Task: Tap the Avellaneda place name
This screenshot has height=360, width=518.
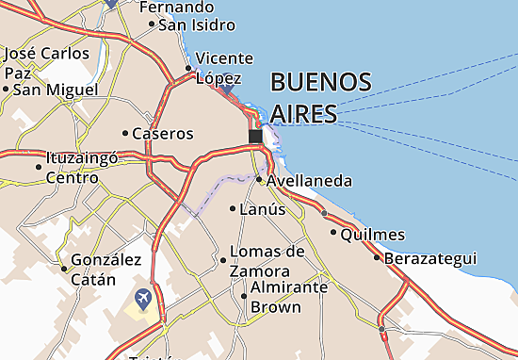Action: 309,180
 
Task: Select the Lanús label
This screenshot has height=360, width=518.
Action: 263,209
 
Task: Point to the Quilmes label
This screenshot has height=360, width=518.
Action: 373,234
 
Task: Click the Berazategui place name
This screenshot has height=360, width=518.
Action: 436,258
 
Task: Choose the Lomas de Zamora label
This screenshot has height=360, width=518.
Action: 267,260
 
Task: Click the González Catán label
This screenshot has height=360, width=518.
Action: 105,269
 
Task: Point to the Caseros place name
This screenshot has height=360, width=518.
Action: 163,134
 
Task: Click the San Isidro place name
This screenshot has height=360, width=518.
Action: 194,24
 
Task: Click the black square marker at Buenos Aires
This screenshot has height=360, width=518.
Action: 255,138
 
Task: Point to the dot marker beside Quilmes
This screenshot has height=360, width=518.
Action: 333,231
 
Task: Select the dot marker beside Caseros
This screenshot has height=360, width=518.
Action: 125,133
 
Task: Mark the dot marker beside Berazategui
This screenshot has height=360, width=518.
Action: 378,257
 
